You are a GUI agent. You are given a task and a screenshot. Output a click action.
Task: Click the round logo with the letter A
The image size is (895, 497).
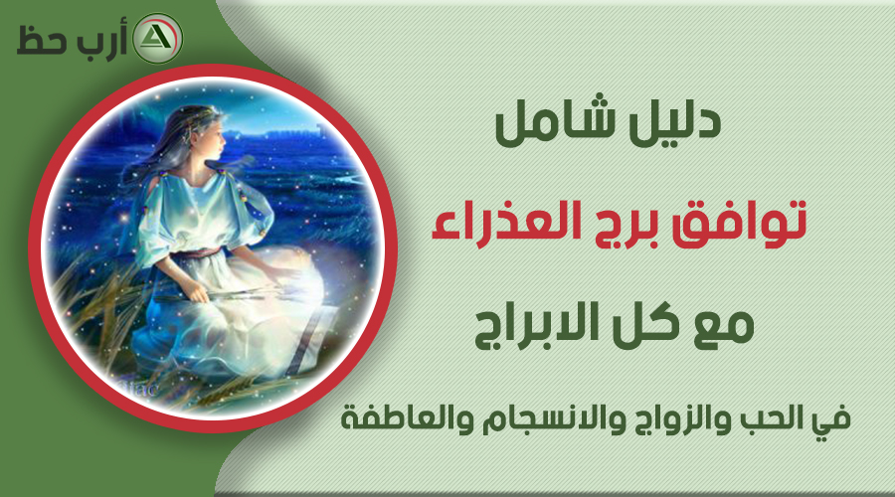pos(157,38)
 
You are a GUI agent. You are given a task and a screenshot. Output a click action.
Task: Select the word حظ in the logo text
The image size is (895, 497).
pos(40,41)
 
